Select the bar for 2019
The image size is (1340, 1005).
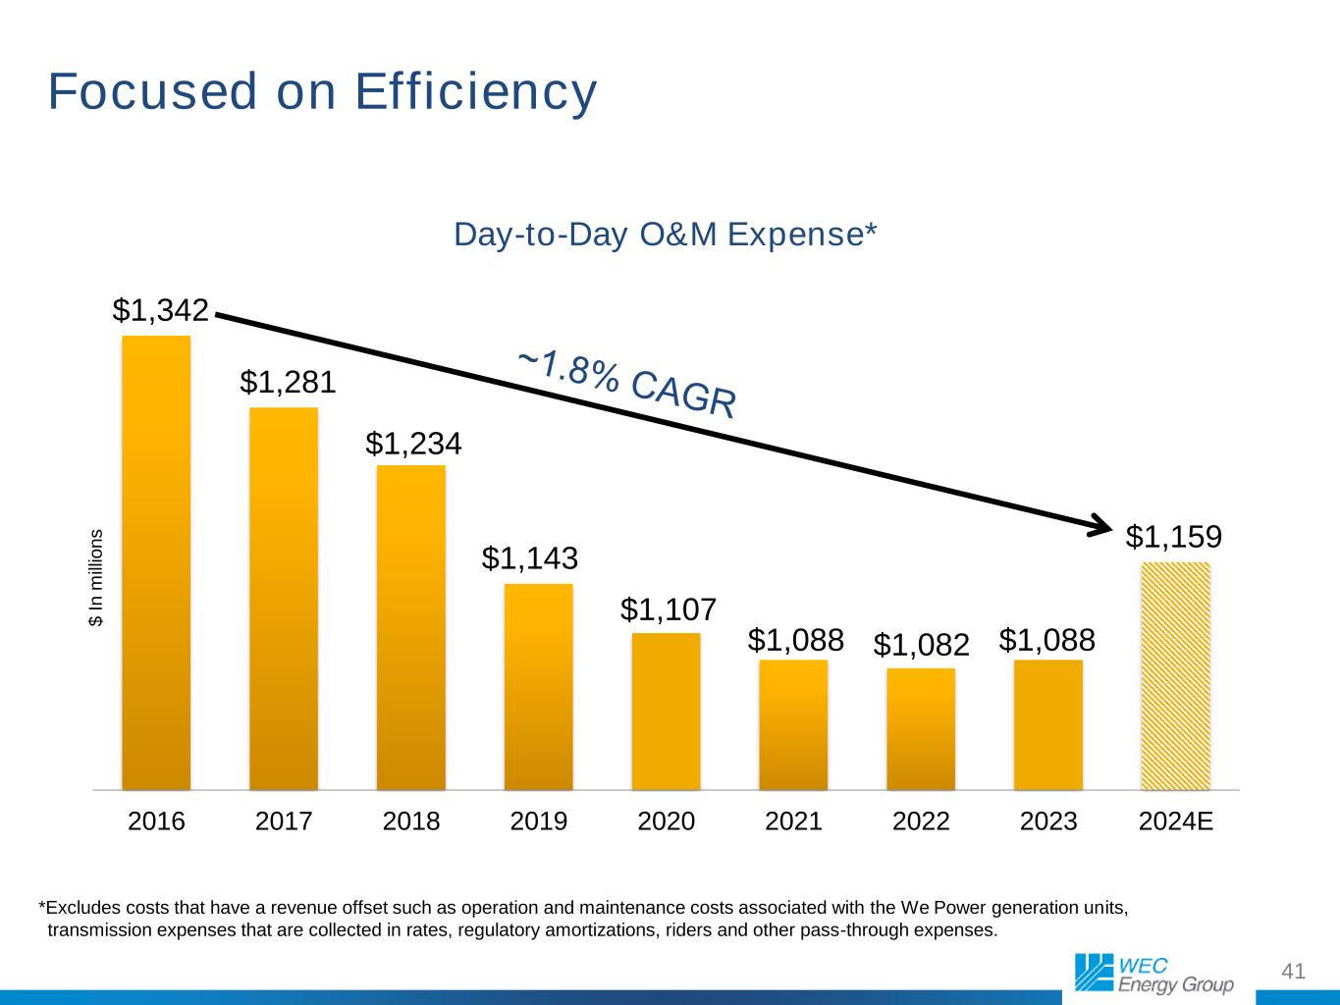(538, 687)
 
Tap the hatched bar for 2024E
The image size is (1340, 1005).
(1175, 676)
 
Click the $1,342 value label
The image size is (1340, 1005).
(161, 310)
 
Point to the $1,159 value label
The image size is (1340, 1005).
(1173, 537)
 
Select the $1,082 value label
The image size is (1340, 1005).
(921, 645)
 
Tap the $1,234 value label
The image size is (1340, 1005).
(413, 444)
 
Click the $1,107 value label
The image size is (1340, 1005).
(668, 610)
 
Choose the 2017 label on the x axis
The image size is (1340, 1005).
(284, 821)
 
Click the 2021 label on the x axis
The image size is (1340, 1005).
(793, 821)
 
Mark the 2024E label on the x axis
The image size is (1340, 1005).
(1176, 821)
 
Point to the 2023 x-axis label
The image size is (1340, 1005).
(1048, 821)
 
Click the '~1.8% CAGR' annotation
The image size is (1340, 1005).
(626, 384)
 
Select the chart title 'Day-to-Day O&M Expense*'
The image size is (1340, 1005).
(665, 236)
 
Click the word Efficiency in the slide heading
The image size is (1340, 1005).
(475, 91)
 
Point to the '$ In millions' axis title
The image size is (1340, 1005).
(96, 578)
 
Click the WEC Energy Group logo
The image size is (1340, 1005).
(1153, 972)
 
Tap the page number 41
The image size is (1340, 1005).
(1294, 972)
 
